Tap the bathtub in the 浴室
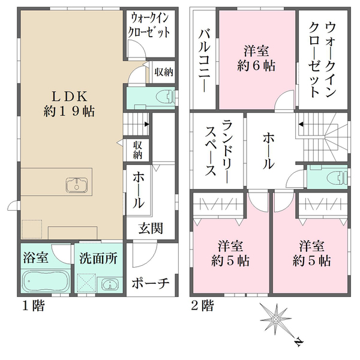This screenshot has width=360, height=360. (x=44, y=281)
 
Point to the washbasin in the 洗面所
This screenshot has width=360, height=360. (x=108, y=284)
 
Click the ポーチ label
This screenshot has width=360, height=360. (x=150, y=283)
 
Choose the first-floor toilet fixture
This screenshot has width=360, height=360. (x=164, y=95)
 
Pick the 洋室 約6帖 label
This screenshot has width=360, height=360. (x=257, y=59)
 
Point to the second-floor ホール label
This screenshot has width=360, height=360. (x=268, y=150)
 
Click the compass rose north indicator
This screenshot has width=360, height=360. (x=298, y=343)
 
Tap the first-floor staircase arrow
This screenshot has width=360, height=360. (x=147, y=124)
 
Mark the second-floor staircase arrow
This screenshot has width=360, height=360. (x=301, y=124)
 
